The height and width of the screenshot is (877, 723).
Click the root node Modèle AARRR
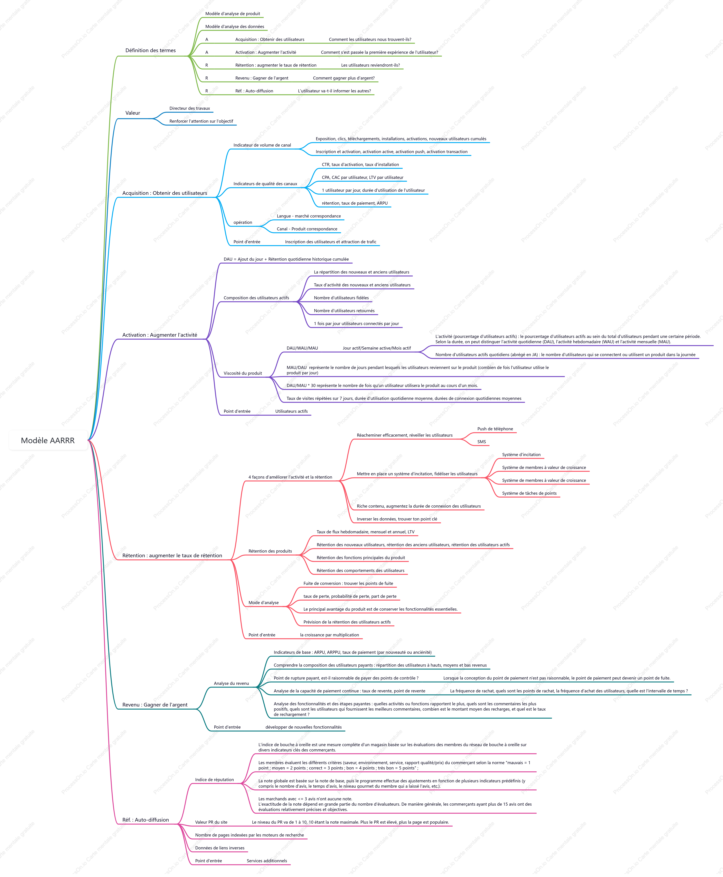pyautogui.click(x=48, y=440)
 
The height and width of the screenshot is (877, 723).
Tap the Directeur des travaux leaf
pyautogui.click(x=189, y=108)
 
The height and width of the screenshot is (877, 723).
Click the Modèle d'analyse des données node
pyautogui.click(x=234, y=27)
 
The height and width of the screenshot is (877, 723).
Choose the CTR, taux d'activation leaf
pyautogui.click(x=360, y=165)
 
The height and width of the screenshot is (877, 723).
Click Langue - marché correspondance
pyautogui.click(x=309, y=216)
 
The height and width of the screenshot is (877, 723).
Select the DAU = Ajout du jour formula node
pyautogui.click(x=286, y=259)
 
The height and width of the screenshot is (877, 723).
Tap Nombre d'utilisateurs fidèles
pyautogui.click(x=341, y=298)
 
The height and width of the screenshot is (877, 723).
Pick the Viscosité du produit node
pyautogui.click(x=243, y=373)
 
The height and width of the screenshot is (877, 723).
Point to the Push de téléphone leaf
pyautogui.click(x=495, y=429)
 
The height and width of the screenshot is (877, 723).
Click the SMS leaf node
pyautogui.click(x=481, y=442)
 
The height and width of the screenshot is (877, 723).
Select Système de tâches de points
pyautogui.click(x=529, y=493)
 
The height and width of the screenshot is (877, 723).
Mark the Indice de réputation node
pyautogui.click(x=215, y=779)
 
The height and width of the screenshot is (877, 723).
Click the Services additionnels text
pyautogui.click(x=266, y=861)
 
